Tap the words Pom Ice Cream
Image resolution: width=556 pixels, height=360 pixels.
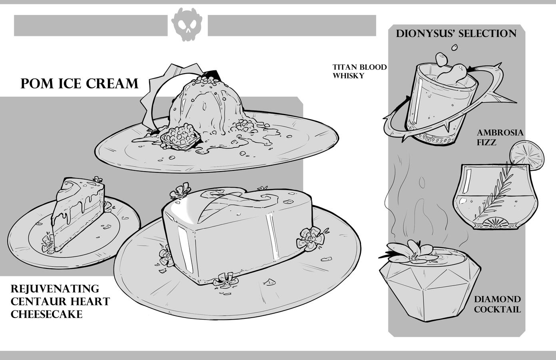point(79,84)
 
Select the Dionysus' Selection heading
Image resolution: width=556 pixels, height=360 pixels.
point(456,34)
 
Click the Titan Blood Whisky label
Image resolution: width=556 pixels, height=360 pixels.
point(360,71)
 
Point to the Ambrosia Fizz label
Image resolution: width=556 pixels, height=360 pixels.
point(500,137)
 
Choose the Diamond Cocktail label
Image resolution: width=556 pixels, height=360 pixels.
point(497,304)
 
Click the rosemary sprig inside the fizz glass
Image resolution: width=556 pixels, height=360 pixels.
point(494,191)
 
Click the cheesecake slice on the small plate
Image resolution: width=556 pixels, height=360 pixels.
point(78,214)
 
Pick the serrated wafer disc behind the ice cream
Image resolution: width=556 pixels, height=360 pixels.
point(174,97)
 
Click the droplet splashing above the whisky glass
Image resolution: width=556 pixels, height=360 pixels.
point(454,47)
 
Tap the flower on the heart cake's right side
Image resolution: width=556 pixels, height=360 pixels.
point(311,238)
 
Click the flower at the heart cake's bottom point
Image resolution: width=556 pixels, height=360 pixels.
point(225,280)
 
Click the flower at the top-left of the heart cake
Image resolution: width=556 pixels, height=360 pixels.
point(180,191)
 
